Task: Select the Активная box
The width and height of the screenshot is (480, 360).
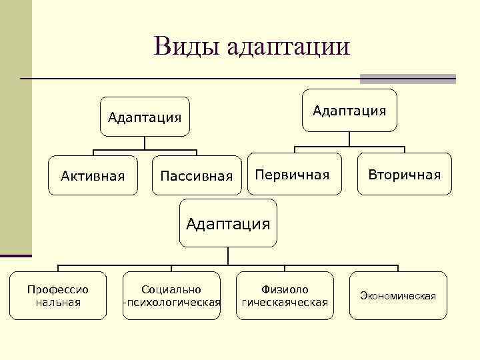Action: pyautogui.click(x=93, y=176)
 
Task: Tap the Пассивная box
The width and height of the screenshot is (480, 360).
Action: pyautogui.click(x=197, y=176)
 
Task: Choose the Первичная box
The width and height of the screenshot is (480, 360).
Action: pyautogui.click(x=294, y=175)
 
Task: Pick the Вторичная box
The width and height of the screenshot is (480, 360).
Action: pyautogui.click(x=405, y=175)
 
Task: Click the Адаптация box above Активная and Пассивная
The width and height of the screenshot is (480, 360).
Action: pyautogui.click(x=145, y=117)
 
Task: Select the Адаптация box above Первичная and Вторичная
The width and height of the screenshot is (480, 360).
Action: pyautogui.click(x=349, y=110)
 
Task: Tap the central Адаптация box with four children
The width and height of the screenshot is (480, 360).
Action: pyautogui.click(x=228, y=223)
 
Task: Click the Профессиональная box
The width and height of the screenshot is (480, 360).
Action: pyautogui.click(x=57, y=295)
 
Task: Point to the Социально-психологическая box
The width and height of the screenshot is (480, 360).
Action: pyautogui.click(x=171, y=295)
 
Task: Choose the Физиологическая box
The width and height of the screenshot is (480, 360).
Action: pyautogui.click(x=285, y=295)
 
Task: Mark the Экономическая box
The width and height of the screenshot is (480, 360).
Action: pyautogui.click(x=398, y=295)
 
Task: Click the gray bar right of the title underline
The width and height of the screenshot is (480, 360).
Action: pyautogui.click(x=407, y=79)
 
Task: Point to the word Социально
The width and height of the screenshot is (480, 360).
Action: pyautogui.click(x=171, y=289)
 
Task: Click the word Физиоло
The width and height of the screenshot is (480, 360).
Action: pyautogui.click(x=285, y=289)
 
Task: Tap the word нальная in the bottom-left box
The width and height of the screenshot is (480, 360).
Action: pyautogui.click(x=57, y=302)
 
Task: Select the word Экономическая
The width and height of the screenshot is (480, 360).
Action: pyautogui.click(x=398, y=295)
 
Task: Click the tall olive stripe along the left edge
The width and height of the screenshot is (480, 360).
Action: pyautogui.click(x=16, y=127)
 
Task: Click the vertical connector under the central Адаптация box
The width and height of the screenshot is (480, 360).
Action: pyautogui.click(x=228, y=257)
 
